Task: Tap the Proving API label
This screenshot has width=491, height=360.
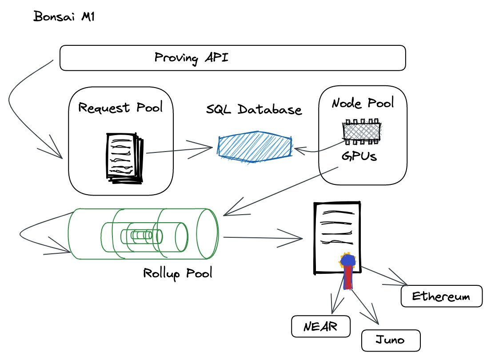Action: click(192, 58)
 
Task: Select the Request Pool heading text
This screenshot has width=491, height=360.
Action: click(120, 108)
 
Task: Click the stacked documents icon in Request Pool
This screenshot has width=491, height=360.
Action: click(124, 157)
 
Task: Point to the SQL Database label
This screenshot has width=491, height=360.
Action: click(254, 109)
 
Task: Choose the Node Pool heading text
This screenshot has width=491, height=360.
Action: click(363, 104)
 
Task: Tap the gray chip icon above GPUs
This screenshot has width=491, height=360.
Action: click(362, 132)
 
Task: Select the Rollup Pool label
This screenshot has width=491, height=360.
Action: click(178, 272)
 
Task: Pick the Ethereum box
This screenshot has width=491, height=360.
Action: click(441, 296)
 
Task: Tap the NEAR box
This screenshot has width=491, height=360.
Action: click(320, 327)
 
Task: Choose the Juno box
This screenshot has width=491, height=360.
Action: click(390, 340)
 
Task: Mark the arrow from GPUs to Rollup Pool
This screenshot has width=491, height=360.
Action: click(280, 191)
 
